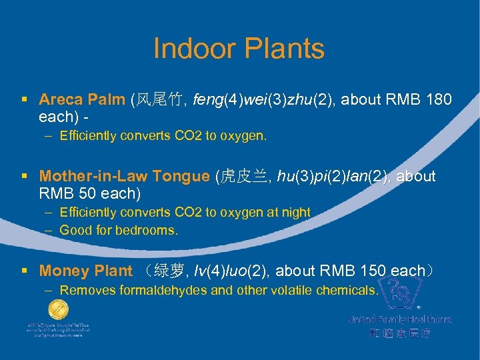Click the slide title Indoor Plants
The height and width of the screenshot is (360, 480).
(x=239, y=49)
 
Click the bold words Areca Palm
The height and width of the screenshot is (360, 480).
(x=81, y=100)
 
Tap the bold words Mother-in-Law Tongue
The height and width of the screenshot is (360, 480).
(x=124, y=177)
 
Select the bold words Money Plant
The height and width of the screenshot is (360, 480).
(x=85, y=271)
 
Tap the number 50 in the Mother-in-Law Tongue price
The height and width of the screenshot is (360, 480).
(x=78, y=193)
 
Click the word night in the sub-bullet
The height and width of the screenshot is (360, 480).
(x=297, y=212)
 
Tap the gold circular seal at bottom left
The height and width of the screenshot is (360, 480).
(x=58, y=309)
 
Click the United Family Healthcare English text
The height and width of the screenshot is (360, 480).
(x=399, y=319)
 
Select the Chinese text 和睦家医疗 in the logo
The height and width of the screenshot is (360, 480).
(x=399, y=333)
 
